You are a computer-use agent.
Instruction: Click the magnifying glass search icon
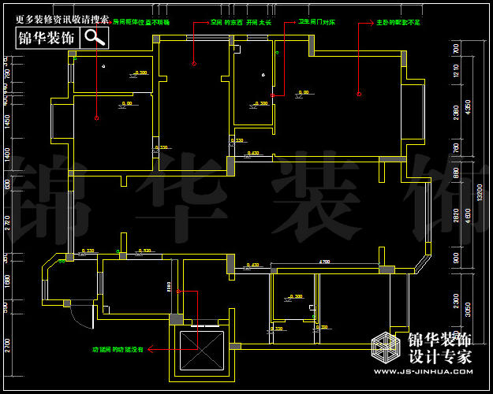[x=95, y=36]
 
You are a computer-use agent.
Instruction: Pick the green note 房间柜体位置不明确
[x=141, y=23]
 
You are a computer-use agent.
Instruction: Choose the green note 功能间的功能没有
[x=118, y=348]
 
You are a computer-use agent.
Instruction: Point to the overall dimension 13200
[x=479, y=194]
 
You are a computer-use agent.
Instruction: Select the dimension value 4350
[x=467, y=106]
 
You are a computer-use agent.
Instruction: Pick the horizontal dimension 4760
[x=324, y=262]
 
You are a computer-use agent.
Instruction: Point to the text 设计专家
[x=439, y=356]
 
